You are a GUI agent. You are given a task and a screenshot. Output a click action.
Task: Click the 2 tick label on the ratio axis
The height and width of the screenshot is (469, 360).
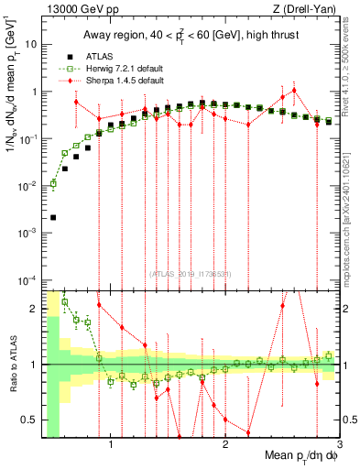(34, 309)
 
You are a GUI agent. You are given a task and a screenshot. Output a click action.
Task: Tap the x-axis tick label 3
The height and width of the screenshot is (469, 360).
(338, 446)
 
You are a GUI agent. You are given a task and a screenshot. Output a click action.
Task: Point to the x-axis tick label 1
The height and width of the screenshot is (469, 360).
(111, 446)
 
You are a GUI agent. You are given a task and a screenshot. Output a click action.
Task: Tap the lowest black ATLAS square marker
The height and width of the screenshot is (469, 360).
(53, 218)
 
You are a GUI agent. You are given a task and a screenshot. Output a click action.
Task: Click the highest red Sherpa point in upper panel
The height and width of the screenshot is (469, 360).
(294, 91)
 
